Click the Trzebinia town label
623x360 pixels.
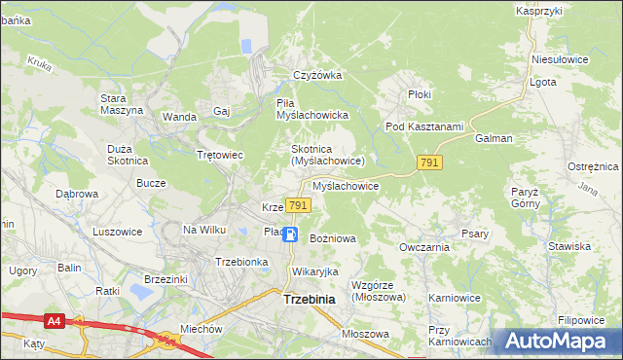click(309, 300)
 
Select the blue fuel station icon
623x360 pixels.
click(289, 234)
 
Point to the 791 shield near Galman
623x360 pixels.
click(429, 162)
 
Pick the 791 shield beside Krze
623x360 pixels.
click(299, 205)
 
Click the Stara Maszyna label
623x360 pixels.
click(122, 103)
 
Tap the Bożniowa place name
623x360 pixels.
click(332, 237)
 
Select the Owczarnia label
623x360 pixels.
click(423, 247)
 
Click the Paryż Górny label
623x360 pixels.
click(524, 198)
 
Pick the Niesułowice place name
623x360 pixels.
click(560, 59)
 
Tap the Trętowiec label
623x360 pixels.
click(219, 155)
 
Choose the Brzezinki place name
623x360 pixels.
click(165, 278)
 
